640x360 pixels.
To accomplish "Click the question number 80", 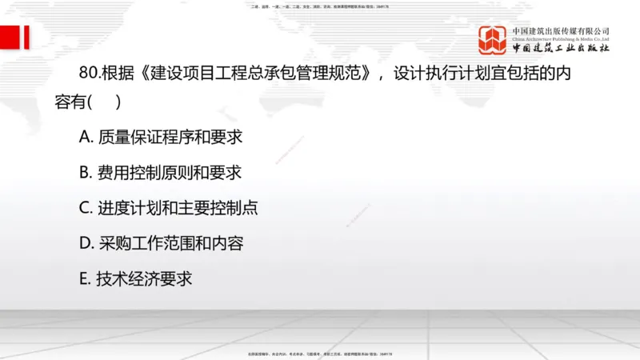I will pos(89,72).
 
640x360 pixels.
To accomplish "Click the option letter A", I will pos(86,138).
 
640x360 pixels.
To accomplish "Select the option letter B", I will pos(86,173).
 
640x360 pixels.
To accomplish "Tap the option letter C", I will pos(86,208).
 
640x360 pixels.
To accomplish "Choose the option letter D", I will pos(86,243).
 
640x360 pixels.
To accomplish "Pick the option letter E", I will pos(85,278).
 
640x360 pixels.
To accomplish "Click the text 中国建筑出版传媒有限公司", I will pos(561,30).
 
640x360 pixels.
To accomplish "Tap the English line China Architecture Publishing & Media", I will pos(561,38).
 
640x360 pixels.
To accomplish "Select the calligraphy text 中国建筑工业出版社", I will pos(561,49).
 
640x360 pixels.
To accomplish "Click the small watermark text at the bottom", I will pos(320,354).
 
